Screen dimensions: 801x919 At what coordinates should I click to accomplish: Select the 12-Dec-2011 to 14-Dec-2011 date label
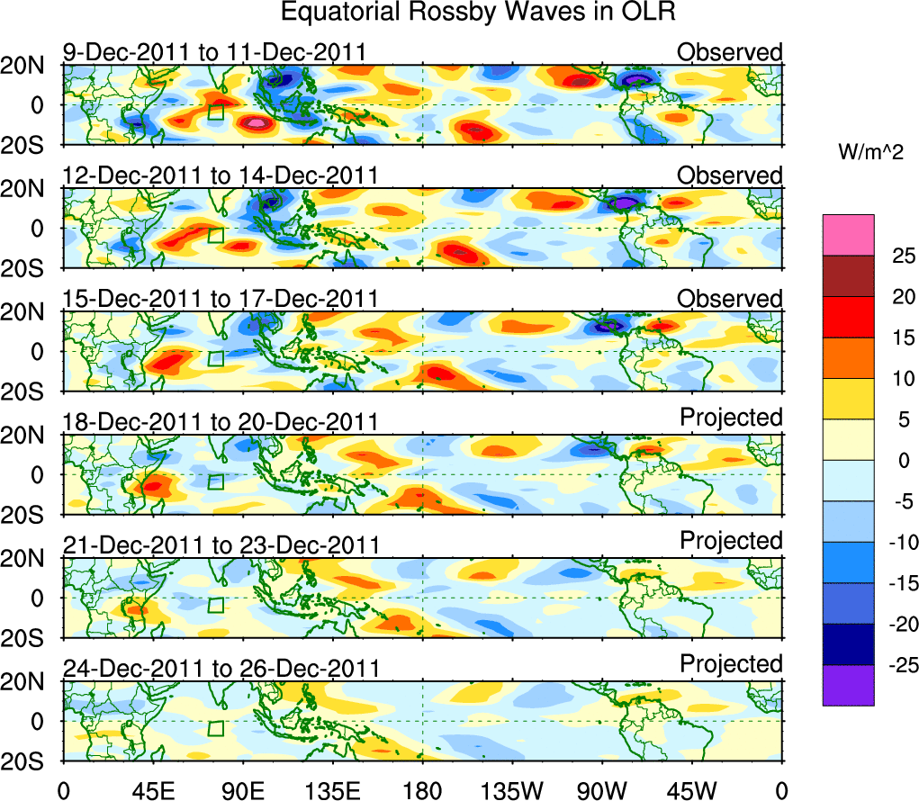click(x=221, y=175)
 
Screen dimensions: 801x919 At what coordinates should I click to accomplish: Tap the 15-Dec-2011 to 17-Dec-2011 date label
click(x=221, y=299)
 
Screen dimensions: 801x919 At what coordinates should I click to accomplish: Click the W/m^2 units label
click(x=870, y=153)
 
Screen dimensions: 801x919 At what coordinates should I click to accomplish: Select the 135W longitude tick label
click(x=512, y=789)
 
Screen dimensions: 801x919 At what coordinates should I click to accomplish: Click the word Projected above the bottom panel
click(x=731, y=664)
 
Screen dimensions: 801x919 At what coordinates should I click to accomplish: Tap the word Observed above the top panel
click(x=730, y=52)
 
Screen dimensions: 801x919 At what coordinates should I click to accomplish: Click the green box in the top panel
click(x=215, y=112)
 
